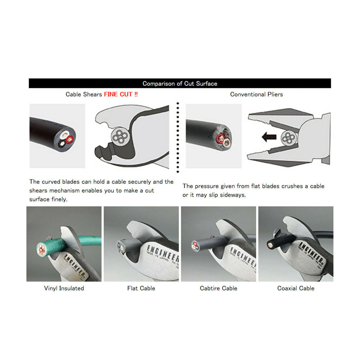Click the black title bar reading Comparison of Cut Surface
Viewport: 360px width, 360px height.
[180, 84]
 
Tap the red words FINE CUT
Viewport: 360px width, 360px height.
[118, 94]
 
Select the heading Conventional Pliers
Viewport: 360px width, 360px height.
[256, 94]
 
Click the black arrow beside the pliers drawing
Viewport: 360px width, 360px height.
[269, 137]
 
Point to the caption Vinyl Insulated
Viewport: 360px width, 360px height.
[64, 288]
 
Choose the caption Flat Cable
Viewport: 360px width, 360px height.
[141, 288]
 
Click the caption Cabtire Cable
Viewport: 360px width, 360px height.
[219, 288]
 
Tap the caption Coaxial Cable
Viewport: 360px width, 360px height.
[296, 288]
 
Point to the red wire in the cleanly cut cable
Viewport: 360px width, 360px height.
[69, 139]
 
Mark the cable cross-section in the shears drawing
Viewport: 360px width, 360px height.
[120, 136]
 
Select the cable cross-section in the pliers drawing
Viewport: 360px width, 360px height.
[289, 138]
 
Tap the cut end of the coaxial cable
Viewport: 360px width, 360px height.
[270, 245]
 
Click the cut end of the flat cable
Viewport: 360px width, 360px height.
[120, 247]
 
